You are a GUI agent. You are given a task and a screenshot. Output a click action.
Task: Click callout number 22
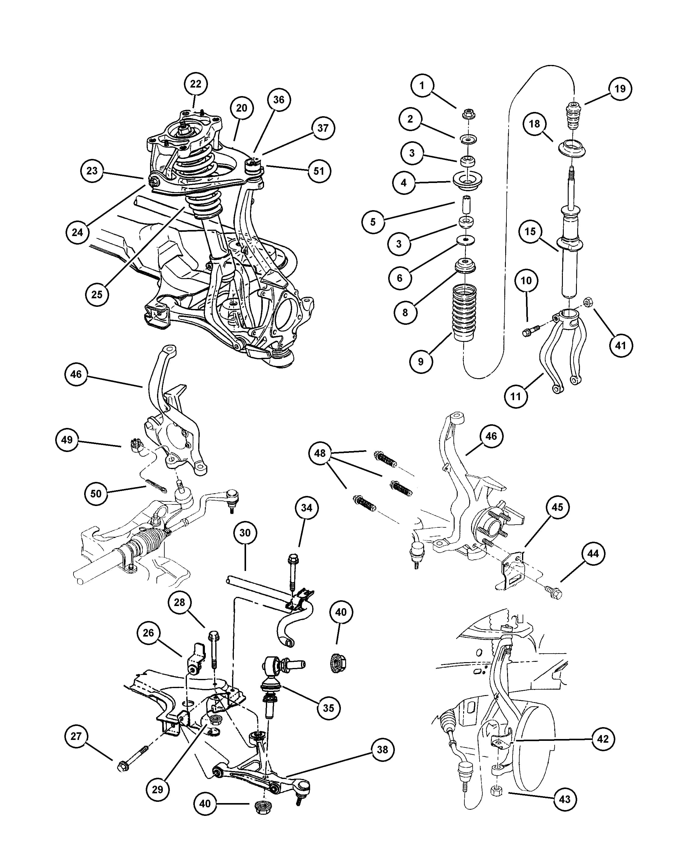pyautogui.click(x=195, y=84)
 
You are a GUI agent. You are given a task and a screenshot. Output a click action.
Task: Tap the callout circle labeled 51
pyautogui.click(x=319, y=171)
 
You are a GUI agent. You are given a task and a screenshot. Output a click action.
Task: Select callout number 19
pyautogui.click(x=620, y=89)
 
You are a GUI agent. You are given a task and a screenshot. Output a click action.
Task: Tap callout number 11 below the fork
pyautogui.click(x=516, y=396)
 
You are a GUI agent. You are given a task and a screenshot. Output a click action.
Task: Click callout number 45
pyautogui.click(x=557, y=507)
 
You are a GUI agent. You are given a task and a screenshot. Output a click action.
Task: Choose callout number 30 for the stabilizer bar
pyautogui.click(x=245, y=533)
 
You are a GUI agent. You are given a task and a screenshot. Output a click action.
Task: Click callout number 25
pyautogui.click(x=97, y=294)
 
